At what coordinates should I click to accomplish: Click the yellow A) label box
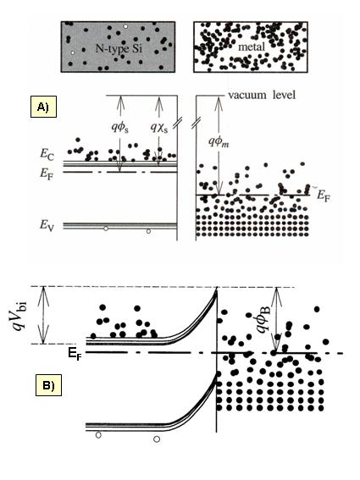pyautogui.click(x=43, y=107)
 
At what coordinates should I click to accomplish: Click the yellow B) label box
pyautogui.click(x=49, y=385)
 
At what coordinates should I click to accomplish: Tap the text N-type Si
pyautogui.click(x=119, y=48)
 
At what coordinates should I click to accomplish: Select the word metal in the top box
pyautogui.click(x=252, y=47)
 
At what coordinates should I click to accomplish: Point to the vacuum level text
pyautogui.click(x=262, y=95)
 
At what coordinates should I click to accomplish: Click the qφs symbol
pyautogui.click(x=119, y=127)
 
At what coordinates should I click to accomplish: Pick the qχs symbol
pyautogui.click(x=159, y=127)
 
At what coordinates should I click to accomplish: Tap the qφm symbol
pyautogui.click(x=219, y=141)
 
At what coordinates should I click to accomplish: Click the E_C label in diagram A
pyautogui.click(x=47, y=154)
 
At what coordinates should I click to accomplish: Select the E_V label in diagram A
pyautogui.click(x=47, y=226)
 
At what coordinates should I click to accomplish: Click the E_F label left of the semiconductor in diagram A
pyautogui.click(x=47, y=174)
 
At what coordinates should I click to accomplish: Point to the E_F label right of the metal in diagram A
pyautogui.click(x=324, y=196)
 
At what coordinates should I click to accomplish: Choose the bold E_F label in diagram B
pyautogui.click(x=75, y=354)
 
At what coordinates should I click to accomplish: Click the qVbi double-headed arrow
pyautogui.click(x=43, y=315)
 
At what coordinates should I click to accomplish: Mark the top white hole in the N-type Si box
pyautogui.click(x=125, y=26)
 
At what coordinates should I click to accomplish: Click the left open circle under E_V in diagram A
pyautogui.click(x=106, y=229)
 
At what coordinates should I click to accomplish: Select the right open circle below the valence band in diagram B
pyautogui.click(x=157, y=439)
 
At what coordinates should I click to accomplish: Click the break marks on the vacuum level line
pyautogui.click(x=186, y=123)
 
